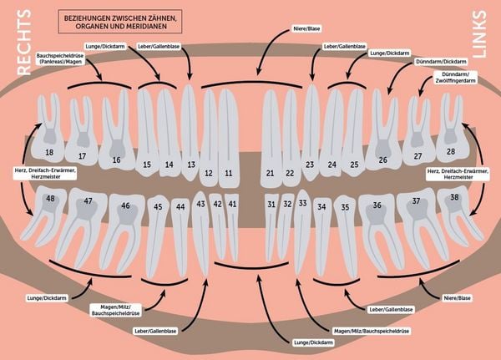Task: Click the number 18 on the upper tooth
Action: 49,152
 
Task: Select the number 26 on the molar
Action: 382,160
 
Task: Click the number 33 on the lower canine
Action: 302,203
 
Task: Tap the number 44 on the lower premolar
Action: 180,207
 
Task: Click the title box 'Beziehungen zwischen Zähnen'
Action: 120,22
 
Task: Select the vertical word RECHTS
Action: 24,43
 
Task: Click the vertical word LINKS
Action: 479,34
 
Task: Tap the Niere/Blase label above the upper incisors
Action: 306,28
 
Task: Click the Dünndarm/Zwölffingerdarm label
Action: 455,78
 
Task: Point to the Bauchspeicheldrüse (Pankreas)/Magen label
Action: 60,58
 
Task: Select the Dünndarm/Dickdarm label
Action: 441,61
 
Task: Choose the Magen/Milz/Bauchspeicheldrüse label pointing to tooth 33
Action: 372,332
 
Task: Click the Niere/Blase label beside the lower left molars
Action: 457,298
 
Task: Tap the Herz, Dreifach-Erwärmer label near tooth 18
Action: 45,173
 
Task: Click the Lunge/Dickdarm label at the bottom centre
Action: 313,342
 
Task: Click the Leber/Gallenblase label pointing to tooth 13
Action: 159,47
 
